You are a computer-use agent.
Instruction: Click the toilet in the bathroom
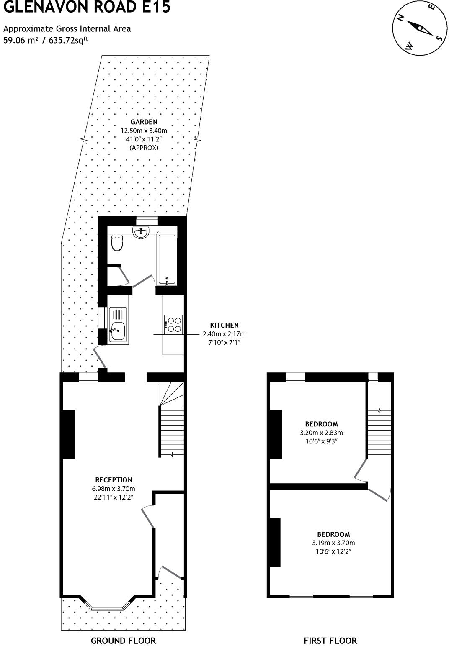coord(117,243)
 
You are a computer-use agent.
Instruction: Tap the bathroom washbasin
coord(141,233)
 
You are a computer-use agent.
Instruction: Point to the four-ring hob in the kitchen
coord(173,324)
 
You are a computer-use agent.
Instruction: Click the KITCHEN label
coord(224,325)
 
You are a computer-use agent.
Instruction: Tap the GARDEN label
coord(144,122)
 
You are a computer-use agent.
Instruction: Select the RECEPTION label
coord(114,480)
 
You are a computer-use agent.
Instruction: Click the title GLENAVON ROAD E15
coord(87,8)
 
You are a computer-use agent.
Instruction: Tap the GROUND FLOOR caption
coord(123,641)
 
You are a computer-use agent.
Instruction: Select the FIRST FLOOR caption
coord(330,641)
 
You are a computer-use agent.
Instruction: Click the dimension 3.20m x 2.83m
coord(321,433)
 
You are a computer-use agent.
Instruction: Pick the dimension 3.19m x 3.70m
coord(333,543)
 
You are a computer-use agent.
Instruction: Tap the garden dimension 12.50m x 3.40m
coord(144,131)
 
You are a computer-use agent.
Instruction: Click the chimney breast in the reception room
coord(69,434)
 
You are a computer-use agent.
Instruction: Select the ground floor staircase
coord(172,423)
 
